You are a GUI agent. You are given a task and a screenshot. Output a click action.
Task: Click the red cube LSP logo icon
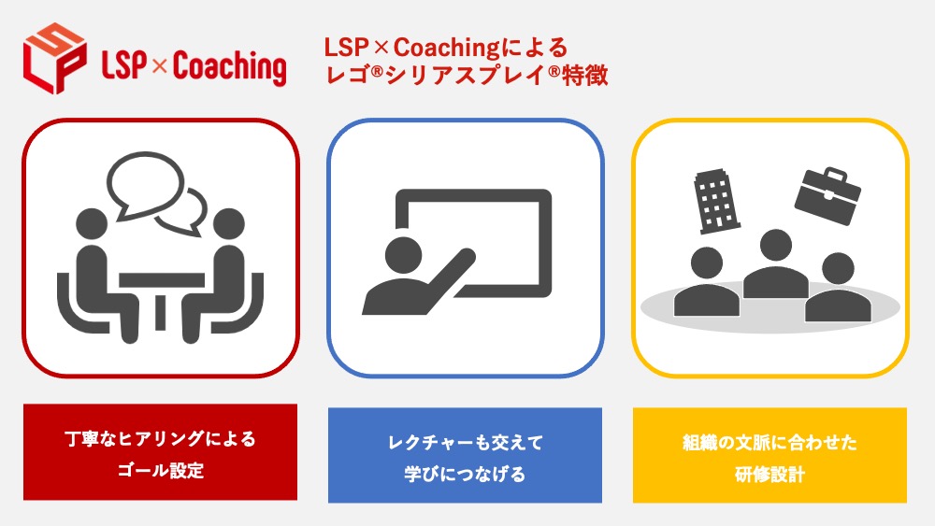click(54, 57)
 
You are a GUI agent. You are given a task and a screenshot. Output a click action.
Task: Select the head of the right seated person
click(228, 224)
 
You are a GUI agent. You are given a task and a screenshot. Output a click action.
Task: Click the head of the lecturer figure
click(404, 254)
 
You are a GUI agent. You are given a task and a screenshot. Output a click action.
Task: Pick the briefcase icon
click(827, 193)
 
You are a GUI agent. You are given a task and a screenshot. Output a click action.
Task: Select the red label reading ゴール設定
click(161, 470)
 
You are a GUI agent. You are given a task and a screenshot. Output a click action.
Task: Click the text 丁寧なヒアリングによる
click(161, 438)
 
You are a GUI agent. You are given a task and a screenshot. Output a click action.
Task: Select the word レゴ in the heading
click(342, 76)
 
